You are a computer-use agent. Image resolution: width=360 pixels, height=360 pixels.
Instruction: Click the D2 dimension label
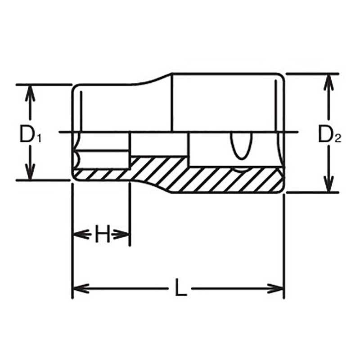[x=329, y=134]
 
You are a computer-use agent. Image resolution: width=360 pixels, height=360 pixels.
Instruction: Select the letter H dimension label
[x=103, y=234]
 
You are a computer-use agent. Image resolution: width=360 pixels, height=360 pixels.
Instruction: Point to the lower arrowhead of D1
[x=30, y=173]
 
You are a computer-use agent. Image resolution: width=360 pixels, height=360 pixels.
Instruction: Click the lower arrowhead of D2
[x=329, y=185]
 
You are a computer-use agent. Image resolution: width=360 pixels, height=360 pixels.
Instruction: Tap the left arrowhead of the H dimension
[x=79, y=234]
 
